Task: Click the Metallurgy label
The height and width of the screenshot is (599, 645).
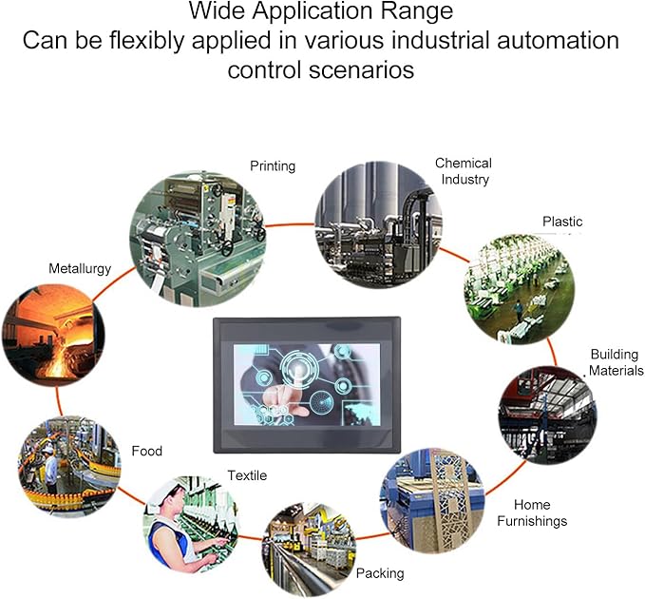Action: pyautogui.click(x=80, y=269)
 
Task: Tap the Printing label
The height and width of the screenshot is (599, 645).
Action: pyautogui.click(x=273, y=165)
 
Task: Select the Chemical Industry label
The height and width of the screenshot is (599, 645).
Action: pyautogui.click(x=464, y=171)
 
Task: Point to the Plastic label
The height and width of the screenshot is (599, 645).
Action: pyautogui.click(x=562, y=222)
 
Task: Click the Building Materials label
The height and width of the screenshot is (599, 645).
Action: pyautogui.click(x=616, y=362)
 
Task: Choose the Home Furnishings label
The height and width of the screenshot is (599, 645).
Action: pyautogui.click(x=532, y=513)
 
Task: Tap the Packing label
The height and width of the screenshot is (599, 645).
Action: pyautogui.click(x=380, y=573)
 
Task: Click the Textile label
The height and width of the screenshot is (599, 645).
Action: pyautogui.click(x=247, y=475)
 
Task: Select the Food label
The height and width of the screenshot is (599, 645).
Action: pyautogui.click(x=147, y=452)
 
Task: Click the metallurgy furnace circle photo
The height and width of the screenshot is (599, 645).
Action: pyautogui.click(x=53, y=335)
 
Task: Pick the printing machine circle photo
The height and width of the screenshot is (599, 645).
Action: pyautogui.click(x=198, y=239)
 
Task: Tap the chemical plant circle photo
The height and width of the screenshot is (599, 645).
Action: pyautogui.click(x=378, y=224)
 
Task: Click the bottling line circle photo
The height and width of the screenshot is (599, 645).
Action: pyautogui.click(x=69, y=467)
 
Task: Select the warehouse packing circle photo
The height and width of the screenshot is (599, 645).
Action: pyautogui.click(x=309, y=550)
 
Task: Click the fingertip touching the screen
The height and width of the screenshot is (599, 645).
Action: pyautogui.click(x=295, y=372)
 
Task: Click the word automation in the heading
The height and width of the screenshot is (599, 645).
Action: pyautogui.click(x=558, y=40)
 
